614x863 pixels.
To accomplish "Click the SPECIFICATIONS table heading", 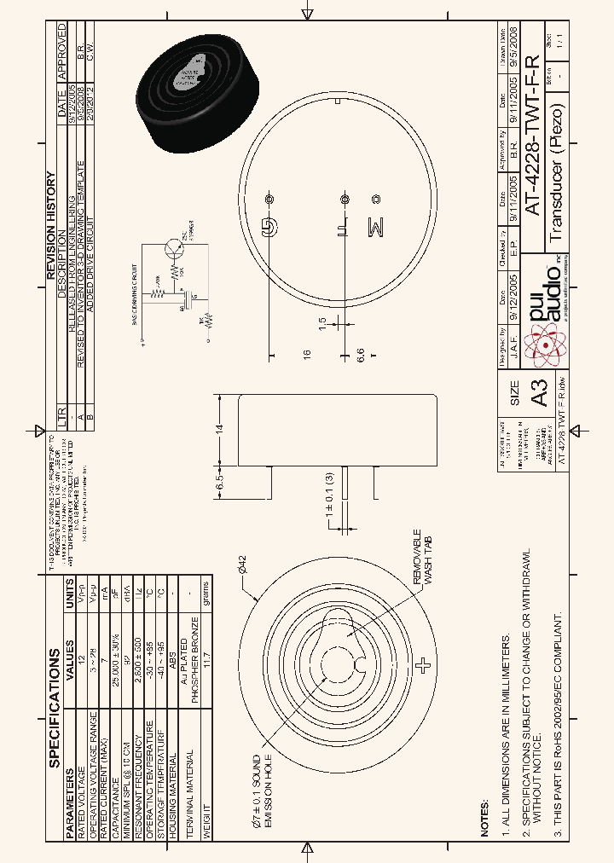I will (55, 707).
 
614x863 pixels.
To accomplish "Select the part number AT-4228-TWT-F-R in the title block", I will (530, 140).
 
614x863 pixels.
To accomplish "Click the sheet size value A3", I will (538, 393).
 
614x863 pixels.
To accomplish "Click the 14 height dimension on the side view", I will (219, 429).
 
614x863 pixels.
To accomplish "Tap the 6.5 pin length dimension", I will (219, 482).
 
